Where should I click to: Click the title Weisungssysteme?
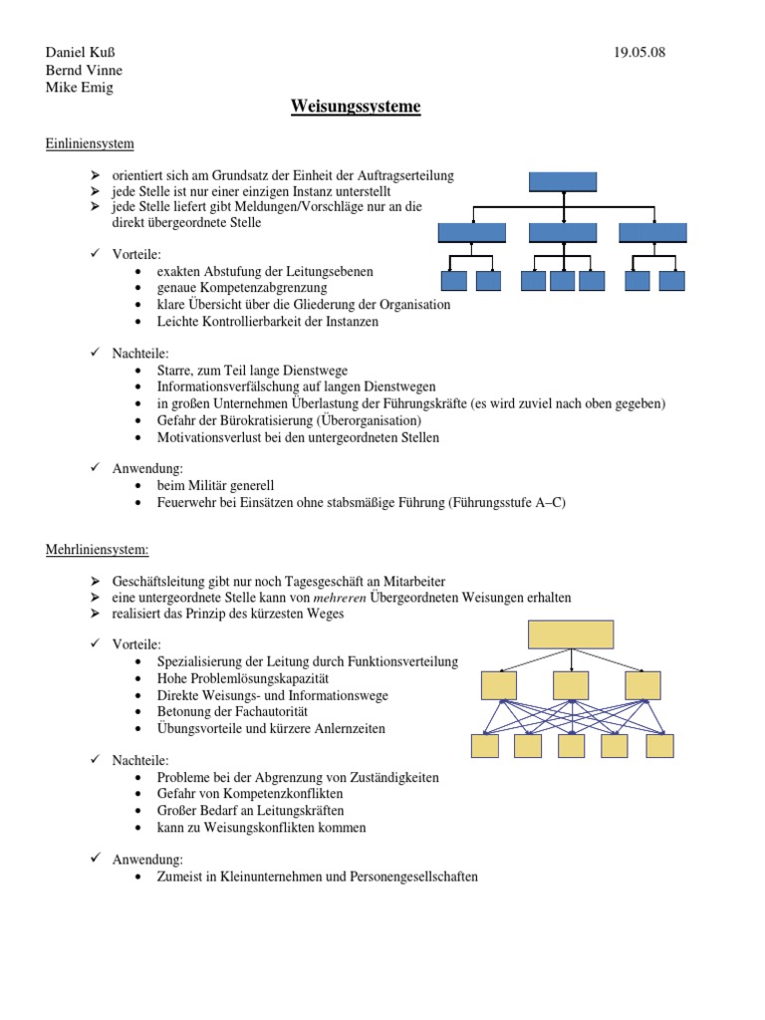(356, 107)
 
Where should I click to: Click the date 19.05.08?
(639, 52)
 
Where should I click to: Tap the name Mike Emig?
(81, 88)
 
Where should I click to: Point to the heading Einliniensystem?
(90, 143)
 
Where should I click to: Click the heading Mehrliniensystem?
(97, 549)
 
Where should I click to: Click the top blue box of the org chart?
(563, 181)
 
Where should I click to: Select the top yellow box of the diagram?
(571, 635)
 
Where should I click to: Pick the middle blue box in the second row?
(563, 233)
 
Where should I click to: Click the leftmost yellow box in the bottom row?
(485, 746)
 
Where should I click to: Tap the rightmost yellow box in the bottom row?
(659, 746)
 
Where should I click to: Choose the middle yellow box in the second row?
(571, 685)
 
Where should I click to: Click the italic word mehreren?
(341, 598)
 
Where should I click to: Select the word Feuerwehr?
(187, 503)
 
